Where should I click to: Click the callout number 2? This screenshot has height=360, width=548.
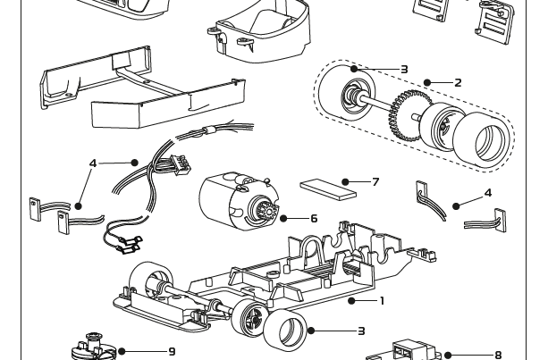(458, 83)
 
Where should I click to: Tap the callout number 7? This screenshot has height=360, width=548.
(375, 182)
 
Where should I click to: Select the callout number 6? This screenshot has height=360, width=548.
(314, 218)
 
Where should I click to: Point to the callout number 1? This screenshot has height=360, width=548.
(382, 300)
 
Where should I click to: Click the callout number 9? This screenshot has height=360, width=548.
(172, 352)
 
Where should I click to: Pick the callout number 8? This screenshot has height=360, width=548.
(498, 356)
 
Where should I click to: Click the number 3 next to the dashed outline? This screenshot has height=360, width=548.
(404, 69)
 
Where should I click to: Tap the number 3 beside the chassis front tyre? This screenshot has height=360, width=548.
(361, 331)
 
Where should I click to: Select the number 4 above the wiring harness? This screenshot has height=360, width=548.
(93, 163)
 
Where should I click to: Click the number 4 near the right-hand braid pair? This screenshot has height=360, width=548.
(487, 193)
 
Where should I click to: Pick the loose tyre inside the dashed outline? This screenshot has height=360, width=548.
(482, 138)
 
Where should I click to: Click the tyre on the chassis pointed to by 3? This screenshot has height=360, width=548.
(285, 330)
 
